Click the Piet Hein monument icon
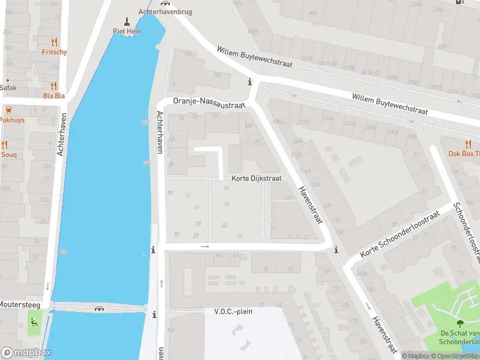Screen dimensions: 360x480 coord(126,21)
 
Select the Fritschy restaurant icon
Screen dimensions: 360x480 coord(55,42)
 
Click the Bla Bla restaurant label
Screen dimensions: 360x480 coord(54,95)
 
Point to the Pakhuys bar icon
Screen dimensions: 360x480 coord(8,110)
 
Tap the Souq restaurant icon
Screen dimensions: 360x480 coord(5,145)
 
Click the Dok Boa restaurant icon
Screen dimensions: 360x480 coord(468,143)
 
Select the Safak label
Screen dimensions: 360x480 coord(8,88)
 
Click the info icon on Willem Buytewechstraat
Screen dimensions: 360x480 coord(250,82)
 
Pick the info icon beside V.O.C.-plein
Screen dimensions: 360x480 coord(154,314)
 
